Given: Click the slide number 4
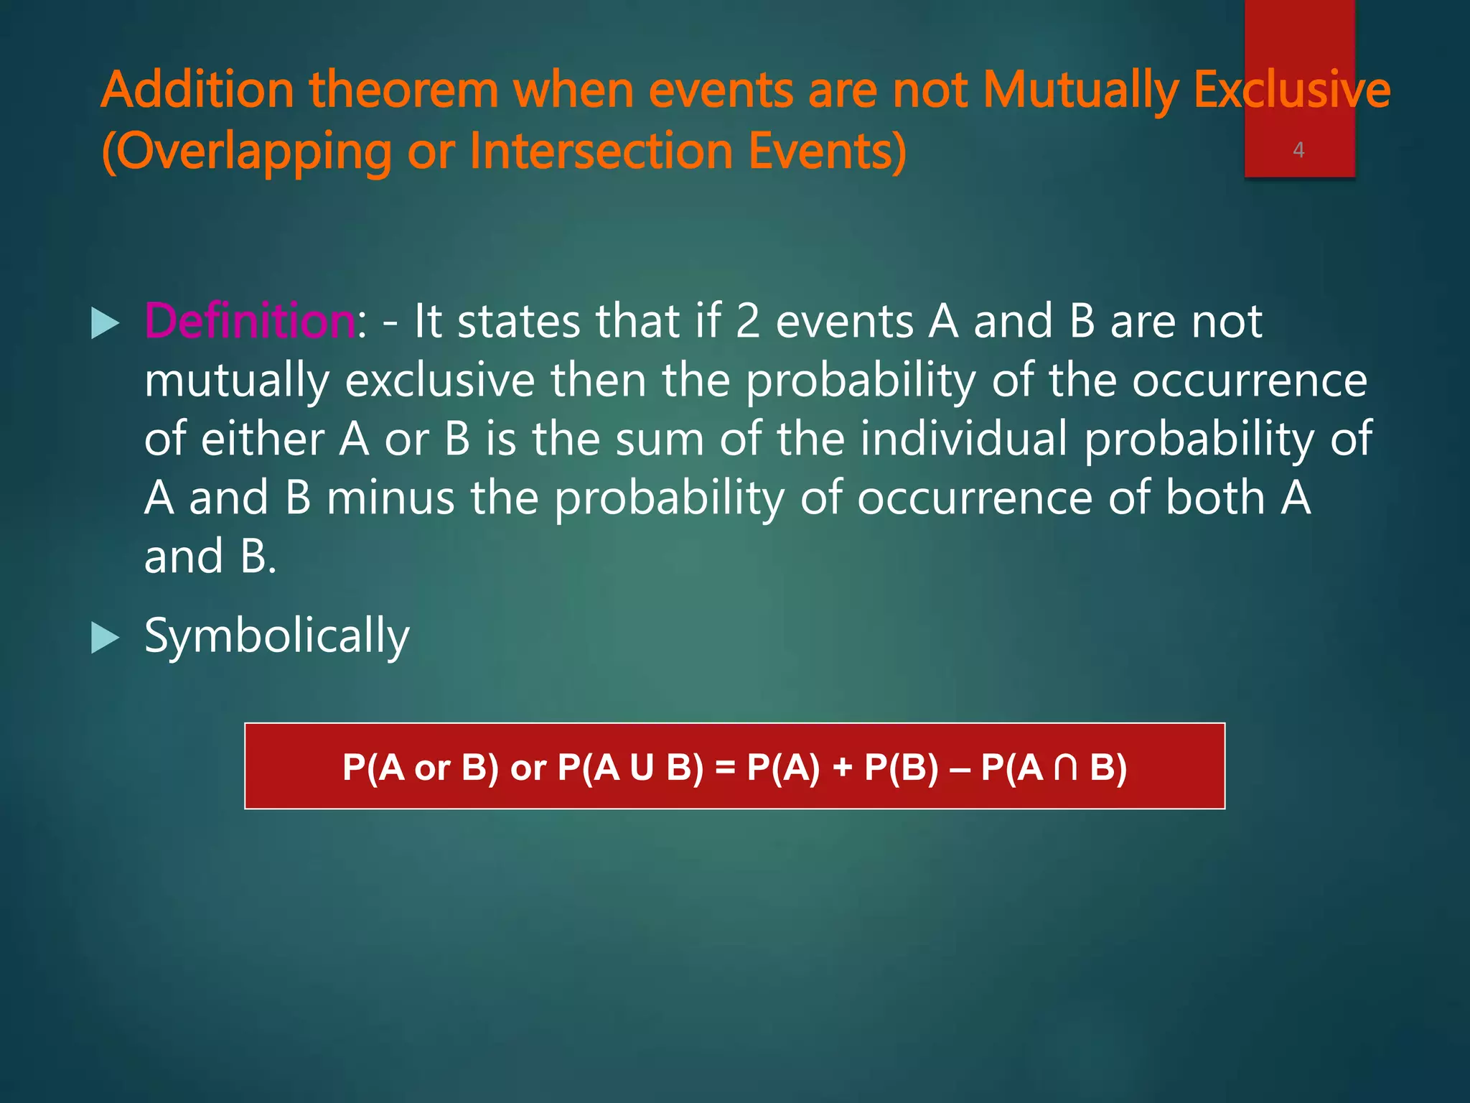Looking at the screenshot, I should (x=1298, y=150).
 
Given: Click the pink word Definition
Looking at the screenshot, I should (x=250, y=321).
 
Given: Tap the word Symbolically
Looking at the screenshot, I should (x=276, y=637).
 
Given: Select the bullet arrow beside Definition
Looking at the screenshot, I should (x=106, y=324).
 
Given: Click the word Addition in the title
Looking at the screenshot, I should (x=197, y=90).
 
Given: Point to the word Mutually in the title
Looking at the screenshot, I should (x=1080, y=92).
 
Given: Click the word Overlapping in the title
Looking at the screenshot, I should (x=247, y=153).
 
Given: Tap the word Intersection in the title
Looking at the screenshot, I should (x=601, y=152).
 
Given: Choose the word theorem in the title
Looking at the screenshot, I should (x=403, y=90).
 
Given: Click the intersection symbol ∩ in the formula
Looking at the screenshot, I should (x=1066, y=767).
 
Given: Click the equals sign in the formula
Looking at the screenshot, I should (x=726, y=767).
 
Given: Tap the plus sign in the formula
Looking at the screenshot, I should (x=842, y=767).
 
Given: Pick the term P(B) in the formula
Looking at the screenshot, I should (x=902, y=767).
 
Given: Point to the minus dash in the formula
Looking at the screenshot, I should (x=960, y=767).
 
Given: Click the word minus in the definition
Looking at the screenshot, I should (x=390, y=498).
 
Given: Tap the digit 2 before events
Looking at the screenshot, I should (x=748, y=321).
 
